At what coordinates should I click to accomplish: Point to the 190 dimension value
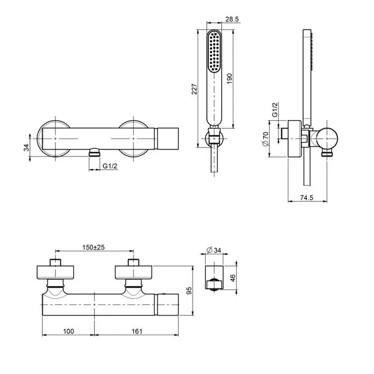230,79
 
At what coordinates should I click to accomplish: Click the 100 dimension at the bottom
68,332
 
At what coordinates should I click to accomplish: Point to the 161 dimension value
137,332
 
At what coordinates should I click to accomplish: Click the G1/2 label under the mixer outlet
110,167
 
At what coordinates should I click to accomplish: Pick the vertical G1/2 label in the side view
275,110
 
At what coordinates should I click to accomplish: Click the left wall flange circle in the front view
54,138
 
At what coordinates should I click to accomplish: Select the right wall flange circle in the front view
134,138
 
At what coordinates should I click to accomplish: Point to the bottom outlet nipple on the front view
94,153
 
